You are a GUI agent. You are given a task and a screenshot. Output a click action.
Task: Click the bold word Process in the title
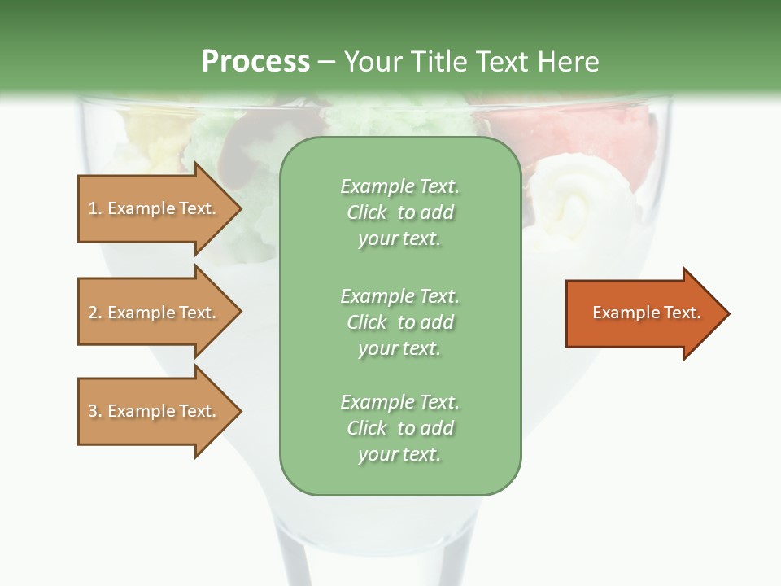255,62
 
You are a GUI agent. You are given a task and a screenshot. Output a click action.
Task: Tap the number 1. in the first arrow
95,208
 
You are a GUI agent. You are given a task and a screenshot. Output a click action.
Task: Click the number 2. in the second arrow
95,313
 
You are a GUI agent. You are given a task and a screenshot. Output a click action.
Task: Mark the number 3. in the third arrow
95,411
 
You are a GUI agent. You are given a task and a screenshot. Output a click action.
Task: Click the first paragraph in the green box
399,212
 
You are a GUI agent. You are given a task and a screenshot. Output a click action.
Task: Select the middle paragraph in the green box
399,321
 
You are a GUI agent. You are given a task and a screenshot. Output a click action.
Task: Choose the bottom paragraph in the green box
399,428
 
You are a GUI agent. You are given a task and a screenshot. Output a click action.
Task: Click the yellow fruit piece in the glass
151,130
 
